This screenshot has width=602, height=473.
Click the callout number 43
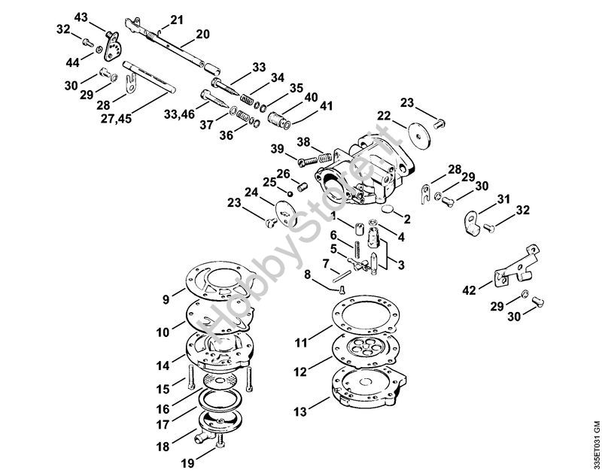click(81, 17)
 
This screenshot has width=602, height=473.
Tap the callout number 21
click(176, 20)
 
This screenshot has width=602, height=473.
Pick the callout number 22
click(384, 116)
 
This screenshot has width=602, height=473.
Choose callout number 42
click(468, 289)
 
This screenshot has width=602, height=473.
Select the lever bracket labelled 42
click(514, 266)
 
